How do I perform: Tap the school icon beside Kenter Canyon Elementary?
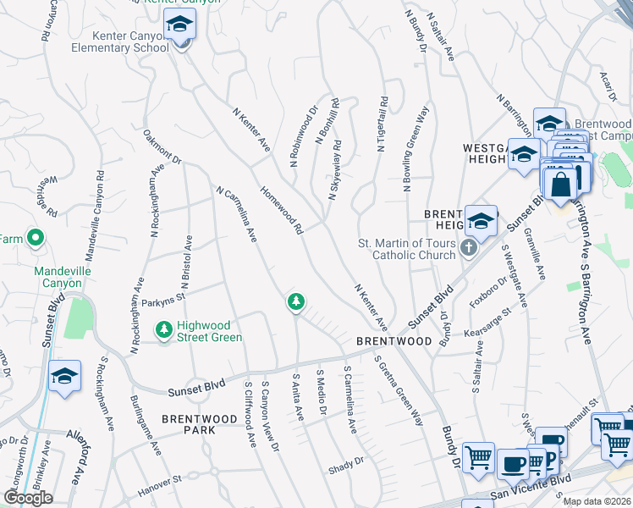[x=179, y=26]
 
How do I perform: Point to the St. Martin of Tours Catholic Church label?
[x=407, y=250]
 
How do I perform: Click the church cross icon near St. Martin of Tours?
[x=473, y=250]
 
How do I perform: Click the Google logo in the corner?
[x=28, y=498]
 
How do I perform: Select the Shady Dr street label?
[x=346, y=462]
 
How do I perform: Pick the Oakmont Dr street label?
[x=162, y=146]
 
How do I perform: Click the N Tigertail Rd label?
[x=383, y=124]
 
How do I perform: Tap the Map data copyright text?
[x=597, y=501]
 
